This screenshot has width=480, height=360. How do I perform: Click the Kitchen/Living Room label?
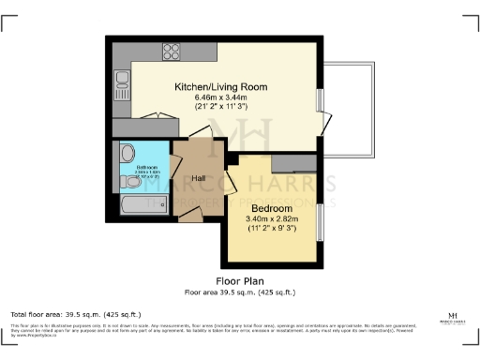coord(221,86)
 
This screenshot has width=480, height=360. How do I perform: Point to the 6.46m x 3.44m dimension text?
coord(221,97)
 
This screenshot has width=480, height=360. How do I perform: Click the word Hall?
coord(199,178)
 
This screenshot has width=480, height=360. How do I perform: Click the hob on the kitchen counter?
coord(172,51)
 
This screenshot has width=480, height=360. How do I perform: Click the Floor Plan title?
coord(240,280)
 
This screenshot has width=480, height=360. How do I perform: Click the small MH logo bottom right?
coord(453,316)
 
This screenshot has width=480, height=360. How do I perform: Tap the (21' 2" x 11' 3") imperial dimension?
coord(221,107)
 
